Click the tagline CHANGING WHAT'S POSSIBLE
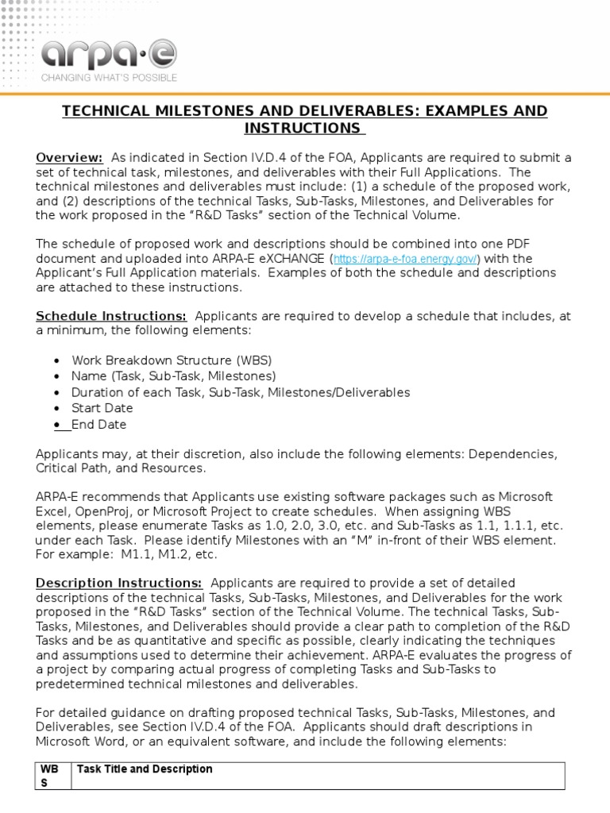[x=110, y=78]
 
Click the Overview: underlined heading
[x=69, y=157]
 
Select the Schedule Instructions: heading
[x=111, y=316]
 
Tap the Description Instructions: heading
[x=119, y=583]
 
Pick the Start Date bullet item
[x=102, y=408]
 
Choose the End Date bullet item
[x=98, y=424]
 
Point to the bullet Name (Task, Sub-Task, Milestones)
[x=173, y=376]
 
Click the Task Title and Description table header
[x=145, y=769]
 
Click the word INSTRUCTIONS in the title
[x=302, y=128]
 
